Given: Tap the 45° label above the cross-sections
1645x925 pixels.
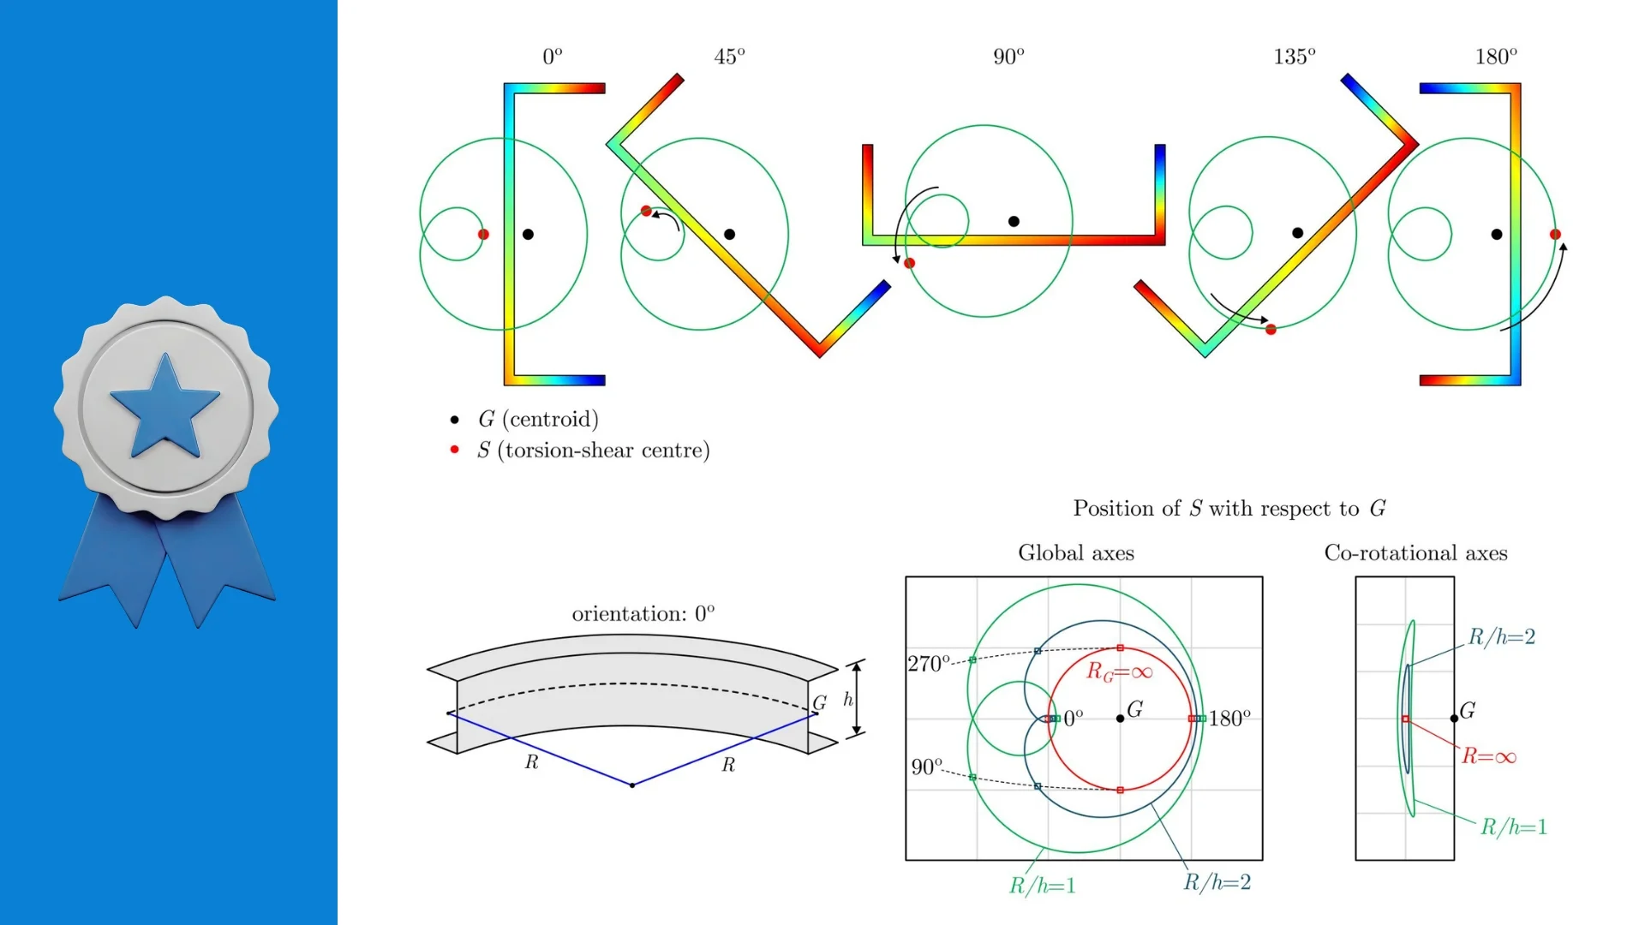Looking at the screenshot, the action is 729,57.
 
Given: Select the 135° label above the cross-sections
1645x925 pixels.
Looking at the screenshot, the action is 1294,57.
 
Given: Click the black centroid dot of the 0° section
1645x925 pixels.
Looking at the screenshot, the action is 528,234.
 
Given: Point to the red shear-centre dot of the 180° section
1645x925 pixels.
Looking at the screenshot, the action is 1555,234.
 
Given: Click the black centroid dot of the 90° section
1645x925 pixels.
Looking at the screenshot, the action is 1014,221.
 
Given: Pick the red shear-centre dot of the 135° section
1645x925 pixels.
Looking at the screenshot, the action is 1271,329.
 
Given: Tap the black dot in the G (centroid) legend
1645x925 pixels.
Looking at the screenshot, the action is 454,420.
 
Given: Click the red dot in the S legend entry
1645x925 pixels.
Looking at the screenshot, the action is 454,450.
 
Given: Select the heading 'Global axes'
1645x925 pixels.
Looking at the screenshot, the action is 1076,553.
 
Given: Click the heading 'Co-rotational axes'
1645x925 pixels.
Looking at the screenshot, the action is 1415,553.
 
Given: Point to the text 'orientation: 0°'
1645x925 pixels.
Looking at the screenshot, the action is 643,613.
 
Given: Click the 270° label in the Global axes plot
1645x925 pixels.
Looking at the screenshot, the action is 929,664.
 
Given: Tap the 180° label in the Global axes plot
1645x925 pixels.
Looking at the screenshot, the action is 1229,719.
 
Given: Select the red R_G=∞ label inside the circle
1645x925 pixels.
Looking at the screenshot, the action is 1119,671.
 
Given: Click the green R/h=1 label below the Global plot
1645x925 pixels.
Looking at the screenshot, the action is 1042,886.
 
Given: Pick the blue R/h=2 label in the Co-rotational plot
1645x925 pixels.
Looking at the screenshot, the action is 1502,636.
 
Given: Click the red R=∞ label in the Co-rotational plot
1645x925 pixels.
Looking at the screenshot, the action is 1489,756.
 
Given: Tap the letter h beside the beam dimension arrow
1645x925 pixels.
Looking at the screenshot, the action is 848,700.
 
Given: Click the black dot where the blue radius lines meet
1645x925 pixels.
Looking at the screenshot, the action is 632,785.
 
